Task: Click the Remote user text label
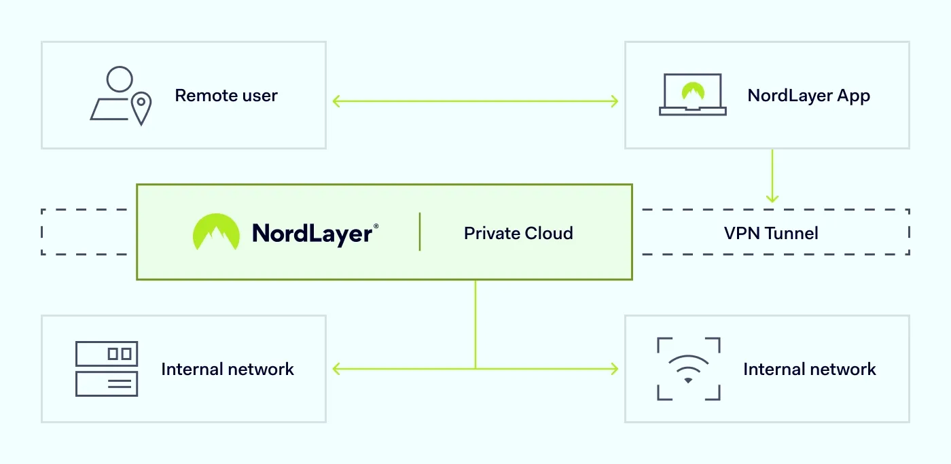[x=226, y=96]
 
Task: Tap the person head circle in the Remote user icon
[x=120, y=79]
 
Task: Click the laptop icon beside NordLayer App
[x=692, y=94]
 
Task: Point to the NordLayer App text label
[x=808, y=96]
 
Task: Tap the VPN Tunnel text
[x=771, y=233]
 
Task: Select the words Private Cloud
[x=518, y=233]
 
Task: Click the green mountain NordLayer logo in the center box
[x=216, y=232]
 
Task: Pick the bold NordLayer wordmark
[x=312, y=234]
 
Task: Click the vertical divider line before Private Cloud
[x=420, y=232]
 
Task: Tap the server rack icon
[x=107, y=368]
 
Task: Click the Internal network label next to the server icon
[x=227, y=369]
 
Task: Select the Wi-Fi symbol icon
[x=688, y=369]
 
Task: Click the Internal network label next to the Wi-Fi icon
[x=809, y=369]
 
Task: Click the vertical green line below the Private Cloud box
[x=475, y=323]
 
